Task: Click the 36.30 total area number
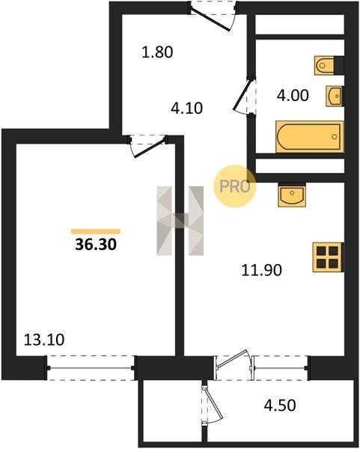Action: (x=96, y=245)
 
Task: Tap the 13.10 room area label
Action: (x=44, y=340)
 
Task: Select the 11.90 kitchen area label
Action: (x=262, y=270)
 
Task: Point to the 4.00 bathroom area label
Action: (x=293, y=95)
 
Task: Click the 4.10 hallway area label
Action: (x=186, y=109)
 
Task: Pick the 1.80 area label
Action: (x=157, y=52)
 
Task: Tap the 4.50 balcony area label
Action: (x=280, y=406)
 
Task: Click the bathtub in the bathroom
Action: (x=309, y=137)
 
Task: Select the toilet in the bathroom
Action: (x=325, y=66)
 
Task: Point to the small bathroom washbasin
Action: (x=335, y=97)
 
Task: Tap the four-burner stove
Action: (x=327, y=257)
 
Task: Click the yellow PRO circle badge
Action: (x=235, y=186)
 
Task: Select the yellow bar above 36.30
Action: (x=96, y=231)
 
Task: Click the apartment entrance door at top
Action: (x=213, y=16)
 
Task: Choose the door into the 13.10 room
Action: (x=147, y=146)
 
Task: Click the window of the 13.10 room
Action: (x=91, y=368)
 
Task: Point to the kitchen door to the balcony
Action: (x=234, y=364)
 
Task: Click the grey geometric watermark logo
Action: (x=180, y=221)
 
